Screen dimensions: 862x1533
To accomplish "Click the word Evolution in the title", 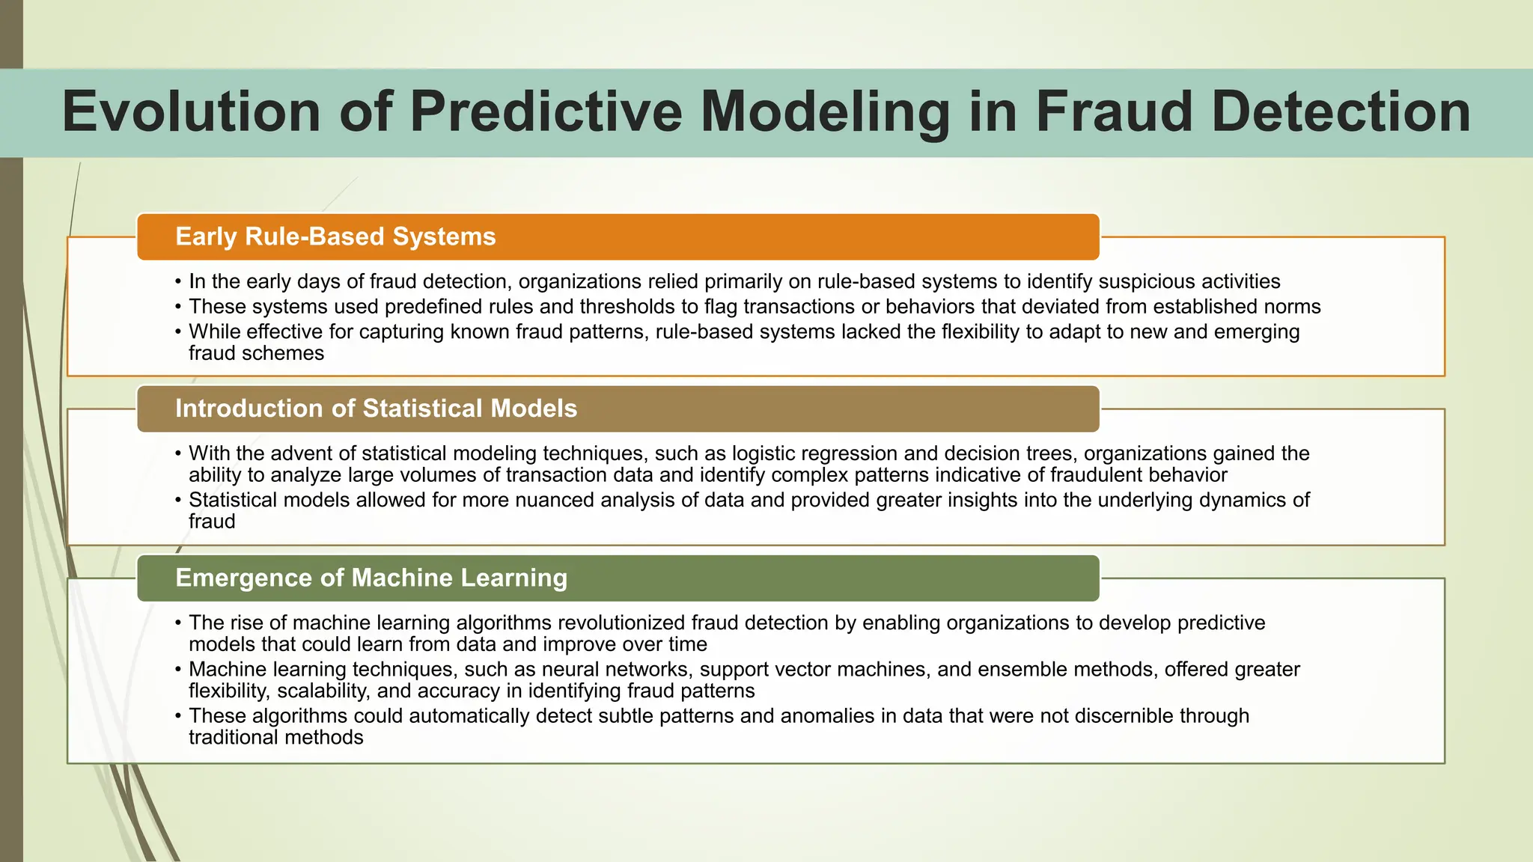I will [191, 112].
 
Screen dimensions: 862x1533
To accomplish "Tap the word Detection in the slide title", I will [1341, 112].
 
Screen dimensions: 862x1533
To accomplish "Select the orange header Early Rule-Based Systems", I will [335, 236].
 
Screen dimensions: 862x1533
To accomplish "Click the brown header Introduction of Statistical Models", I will [376, 409].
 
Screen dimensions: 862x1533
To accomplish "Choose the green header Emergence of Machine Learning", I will [371, 578].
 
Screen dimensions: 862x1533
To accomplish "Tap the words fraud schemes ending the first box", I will [256, 353].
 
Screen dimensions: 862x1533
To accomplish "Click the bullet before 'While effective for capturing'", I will [178, 332].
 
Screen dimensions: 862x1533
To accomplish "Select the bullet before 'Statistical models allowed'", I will [178, 501].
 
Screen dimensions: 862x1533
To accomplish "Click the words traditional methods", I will [275, 738].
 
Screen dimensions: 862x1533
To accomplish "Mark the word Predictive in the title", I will [546, 112].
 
